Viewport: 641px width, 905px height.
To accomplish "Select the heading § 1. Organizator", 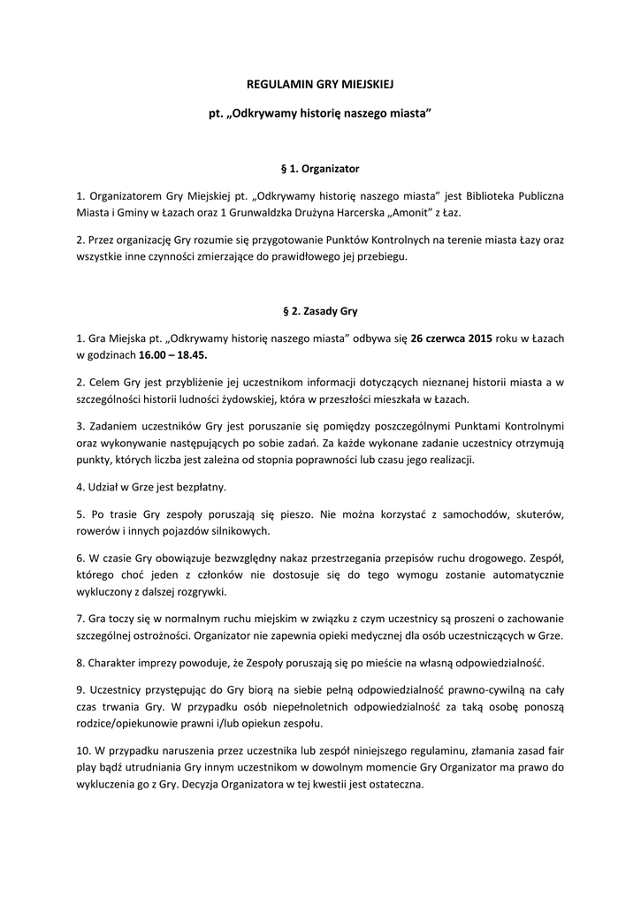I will coord(319,167).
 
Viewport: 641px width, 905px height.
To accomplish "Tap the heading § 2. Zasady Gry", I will coord(319,311).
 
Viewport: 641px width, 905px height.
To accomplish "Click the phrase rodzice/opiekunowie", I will coord(132,725).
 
